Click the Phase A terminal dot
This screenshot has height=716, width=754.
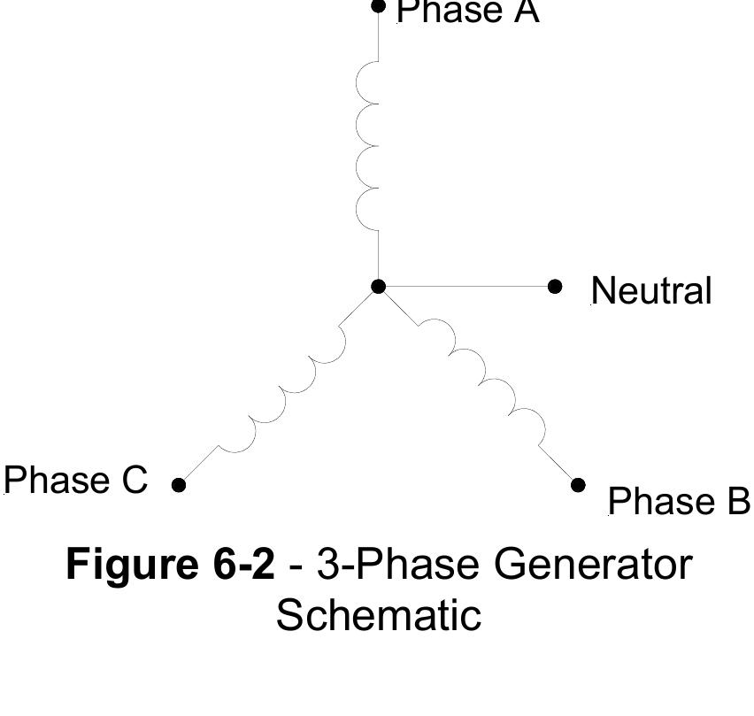[x=379, y=7]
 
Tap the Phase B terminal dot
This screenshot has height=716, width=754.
[x=578, y=484]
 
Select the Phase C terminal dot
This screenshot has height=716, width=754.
[x=179, y=484]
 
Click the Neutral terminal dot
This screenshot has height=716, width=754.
[x=555, y=286]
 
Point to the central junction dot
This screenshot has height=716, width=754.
[x=379, y=286]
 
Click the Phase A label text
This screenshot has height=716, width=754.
[x=467, y=12]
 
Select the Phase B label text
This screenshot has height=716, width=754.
[x=679, y=501]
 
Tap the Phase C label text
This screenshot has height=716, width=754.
[x=75, y=481]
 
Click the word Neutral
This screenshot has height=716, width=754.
[x=650, y=291]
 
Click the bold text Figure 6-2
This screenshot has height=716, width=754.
[x=171, y=564]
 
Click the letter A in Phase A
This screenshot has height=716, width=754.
[x=524, y=12]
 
